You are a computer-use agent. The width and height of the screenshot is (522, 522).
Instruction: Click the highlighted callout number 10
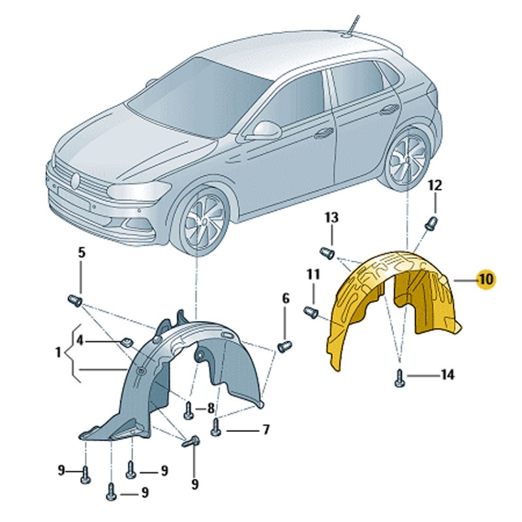[486, 279]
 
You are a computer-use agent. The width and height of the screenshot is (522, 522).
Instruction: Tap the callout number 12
[435, 185]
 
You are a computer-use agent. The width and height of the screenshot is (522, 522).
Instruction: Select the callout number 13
[331, 218]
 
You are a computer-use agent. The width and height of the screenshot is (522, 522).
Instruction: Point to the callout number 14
[448, 375]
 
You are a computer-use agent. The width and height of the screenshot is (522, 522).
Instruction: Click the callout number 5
[82, 253]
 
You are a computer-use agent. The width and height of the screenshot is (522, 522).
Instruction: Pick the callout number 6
[286, 299]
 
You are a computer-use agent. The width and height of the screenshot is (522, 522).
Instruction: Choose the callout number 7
[266, 430]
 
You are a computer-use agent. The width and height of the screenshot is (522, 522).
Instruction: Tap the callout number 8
[210, 408]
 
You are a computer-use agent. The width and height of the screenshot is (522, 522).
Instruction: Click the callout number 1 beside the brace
[58, 352]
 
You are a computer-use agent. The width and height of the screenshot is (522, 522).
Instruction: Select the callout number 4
[80, 341]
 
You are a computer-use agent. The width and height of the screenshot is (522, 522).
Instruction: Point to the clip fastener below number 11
[311, 313]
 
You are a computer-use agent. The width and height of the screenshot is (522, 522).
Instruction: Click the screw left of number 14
[399, 378]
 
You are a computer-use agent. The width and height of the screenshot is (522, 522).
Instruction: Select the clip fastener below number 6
[284, 346]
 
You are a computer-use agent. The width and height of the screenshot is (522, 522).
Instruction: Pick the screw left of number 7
[217, 427]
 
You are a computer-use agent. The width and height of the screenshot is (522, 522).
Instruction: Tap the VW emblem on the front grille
[76, 180]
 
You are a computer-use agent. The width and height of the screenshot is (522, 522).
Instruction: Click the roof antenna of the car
[352, 24]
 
